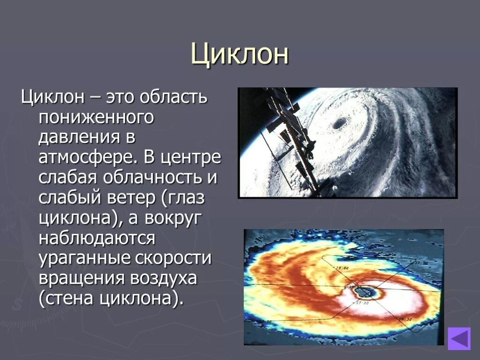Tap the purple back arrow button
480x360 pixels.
[458, 338]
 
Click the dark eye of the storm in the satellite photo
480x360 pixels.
[338, 123]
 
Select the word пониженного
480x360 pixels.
[96, 118]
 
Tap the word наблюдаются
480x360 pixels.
[97, 239]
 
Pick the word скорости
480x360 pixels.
[174, 259]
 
